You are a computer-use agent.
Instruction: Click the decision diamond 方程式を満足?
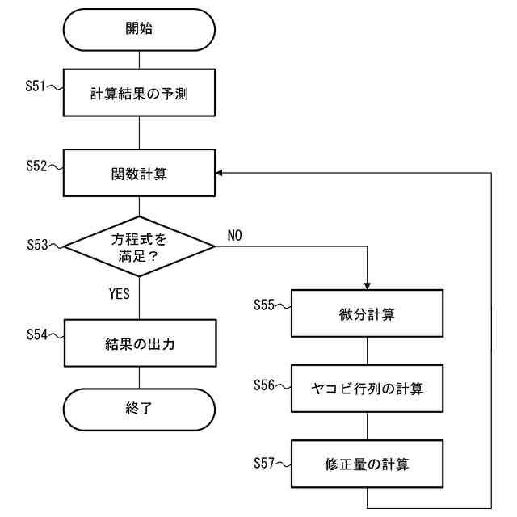(140, 246)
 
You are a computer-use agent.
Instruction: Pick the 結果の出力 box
(140, 343)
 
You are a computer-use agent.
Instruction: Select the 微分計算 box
(367, 314)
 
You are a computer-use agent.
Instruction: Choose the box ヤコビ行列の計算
(367, 389)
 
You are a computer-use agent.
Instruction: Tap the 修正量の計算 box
(367, 464)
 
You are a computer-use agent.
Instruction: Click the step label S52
(36, 165)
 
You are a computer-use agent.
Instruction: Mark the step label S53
(36, 242)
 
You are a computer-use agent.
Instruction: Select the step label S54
(36, 334)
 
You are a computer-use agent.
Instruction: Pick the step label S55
(264, 305)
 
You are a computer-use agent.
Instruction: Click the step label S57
(264, 460)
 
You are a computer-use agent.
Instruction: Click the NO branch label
(235, 235)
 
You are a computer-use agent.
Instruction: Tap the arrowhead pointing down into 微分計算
(367, 287)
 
